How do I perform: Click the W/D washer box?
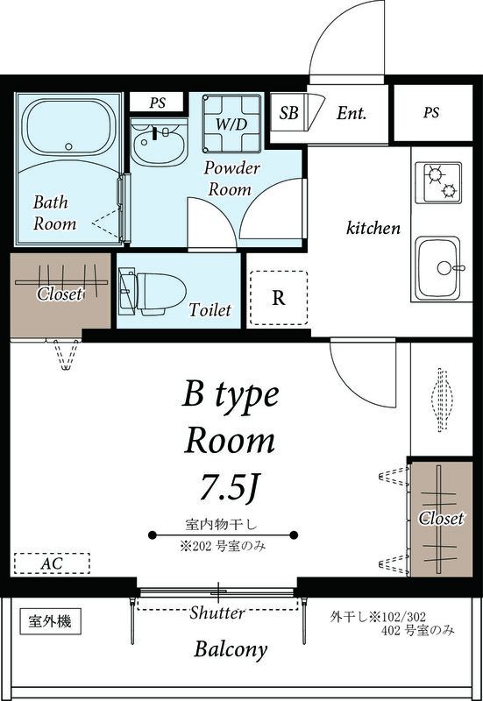pyautogui.click(x=231, y=124)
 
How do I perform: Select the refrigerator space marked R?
pyautogui.click(x=278, y=297)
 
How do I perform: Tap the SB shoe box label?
pyautogui.click(x=288, y=113)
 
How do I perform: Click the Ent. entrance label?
pyautogui.click(x=351, y=113)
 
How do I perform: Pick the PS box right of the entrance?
pyautogui.click(x=431, y=113)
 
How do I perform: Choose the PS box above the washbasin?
pyautogui.click(x=157, y=103)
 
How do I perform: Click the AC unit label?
pyautogui.click(x=52, y=563)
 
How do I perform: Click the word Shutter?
pyautogui.click(x=217, y=613)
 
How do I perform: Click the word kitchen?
pyautogui.click(x=373, y=228)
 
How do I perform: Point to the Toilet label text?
pyautogui.click(x=210, y=310)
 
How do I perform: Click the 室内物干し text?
pyautogui.click(x=225, y=525)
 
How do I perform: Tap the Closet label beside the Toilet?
pyautogui.click(x=60, y=294)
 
